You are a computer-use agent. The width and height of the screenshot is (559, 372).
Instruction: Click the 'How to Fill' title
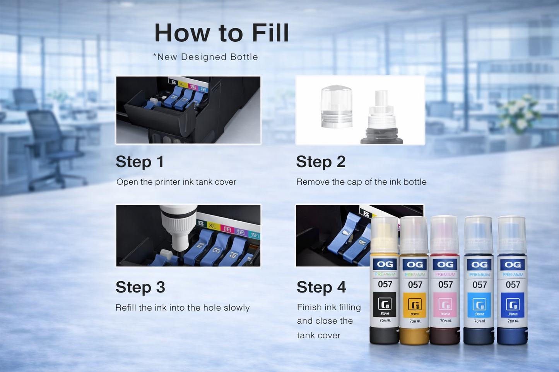click(222, 33)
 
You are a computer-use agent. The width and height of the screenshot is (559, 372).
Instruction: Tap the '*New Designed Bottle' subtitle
click(205, 57)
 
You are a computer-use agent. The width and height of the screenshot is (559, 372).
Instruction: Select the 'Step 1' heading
click(140, 162)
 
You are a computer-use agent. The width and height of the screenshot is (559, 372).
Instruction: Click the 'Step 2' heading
click(321, 162)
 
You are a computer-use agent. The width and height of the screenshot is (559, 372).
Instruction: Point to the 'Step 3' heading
click(140, 287)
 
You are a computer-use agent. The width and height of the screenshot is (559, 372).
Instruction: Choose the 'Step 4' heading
click(321, 287)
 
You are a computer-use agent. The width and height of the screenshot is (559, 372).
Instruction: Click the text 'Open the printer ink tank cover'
click(176, 182)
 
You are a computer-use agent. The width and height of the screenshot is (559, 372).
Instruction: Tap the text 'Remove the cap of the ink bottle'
click(361, 182)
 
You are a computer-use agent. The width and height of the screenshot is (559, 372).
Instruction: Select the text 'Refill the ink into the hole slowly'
click(183, 308)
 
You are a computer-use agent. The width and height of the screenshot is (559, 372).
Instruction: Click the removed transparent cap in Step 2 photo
click(336, 107)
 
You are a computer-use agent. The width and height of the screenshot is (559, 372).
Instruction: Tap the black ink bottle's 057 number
click(385, 284)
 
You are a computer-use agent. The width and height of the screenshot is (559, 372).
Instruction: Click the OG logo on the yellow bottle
click(415, 265)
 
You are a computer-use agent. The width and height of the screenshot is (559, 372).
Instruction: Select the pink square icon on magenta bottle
click(445, 304)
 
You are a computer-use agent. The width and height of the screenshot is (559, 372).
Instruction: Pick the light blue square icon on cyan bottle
click(479, 304)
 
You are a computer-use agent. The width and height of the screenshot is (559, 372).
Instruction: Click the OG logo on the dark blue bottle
click(513, 265)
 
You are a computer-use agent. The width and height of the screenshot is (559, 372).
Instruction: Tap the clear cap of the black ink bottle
click(385, 234)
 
